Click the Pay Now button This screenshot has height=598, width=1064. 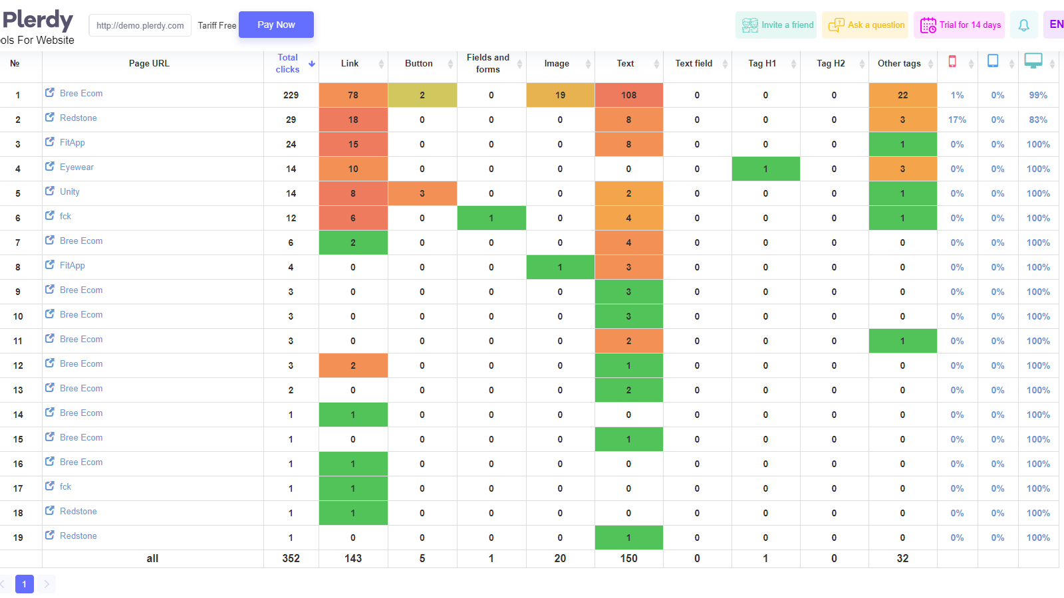(276, 25)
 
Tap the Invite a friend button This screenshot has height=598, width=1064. (776, 25)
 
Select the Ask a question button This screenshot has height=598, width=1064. (866, 25)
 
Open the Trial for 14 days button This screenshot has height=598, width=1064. (960, 25)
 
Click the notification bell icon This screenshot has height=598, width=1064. (1023, 25)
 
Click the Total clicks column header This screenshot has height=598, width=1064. (288, 63)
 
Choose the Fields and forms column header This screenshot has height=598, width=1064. (488, 63)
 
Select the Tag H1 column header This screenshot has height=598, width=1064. (762, 63)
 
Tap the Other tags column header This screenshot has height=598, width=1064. (899, 63)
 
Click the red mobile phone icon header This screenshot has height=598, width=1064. (952, 62)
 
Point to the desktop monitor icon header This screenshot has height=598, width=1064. (1033, 61)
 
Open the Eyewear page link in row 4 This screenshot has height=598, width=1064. (76, 167)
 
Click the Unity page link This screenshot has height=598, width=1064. (70, 192)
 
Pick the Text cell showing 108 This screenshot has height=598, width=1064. (628, 95)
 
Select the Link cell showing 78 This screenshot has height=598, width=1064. (353, 95)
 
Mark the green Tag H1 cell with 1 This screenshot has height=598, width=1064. (765, 169)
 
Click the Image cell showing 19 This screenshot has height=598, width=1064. (560, 95)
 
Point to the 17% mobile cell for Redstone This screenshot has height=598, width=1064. (957, 120)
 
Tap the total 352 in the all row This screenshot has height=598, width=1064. (291, 559)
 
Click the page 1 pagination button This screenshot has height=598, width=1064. (25, 584)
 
